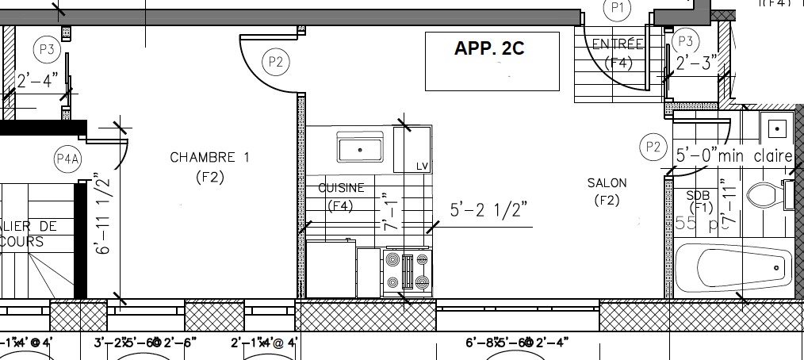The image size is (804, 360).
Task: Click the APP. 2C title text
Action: pos(489,48)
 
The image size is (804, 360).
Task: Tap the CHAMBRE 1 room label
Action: pos(209,158)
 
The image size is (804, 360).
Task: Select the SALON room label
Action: pos(607,183)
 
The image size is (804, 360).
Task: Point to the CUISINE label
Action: pos(341,188)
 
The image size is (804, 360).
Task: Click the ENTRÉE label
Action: pos(618,44)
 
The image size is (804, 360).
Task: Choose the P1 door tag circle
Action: pos(618,8)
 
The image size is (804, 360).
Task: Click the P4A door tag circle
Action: pos(68,159)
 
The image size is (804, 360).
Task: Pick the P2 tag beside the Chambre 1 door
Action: pos(275,61)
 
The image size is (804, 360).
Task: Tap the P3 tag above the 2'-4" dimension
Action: pos(47,49)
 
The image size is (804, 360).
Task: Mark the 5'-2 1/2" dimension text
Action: pos(488,211)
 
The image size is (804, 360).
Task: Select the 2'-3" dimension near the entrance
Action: pos(696,63)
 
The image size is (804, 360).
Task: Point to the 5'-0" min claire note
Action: pos(733,156)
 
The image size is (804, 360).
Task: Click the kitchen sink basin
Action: pos(360,148)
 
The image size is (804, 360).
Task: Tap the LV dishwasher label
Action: pos(422,166)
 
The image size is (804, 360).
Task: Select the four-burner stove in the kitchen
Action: pos(407,272)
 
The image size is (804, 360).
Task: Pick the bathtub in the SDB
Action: pos(733,269)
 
